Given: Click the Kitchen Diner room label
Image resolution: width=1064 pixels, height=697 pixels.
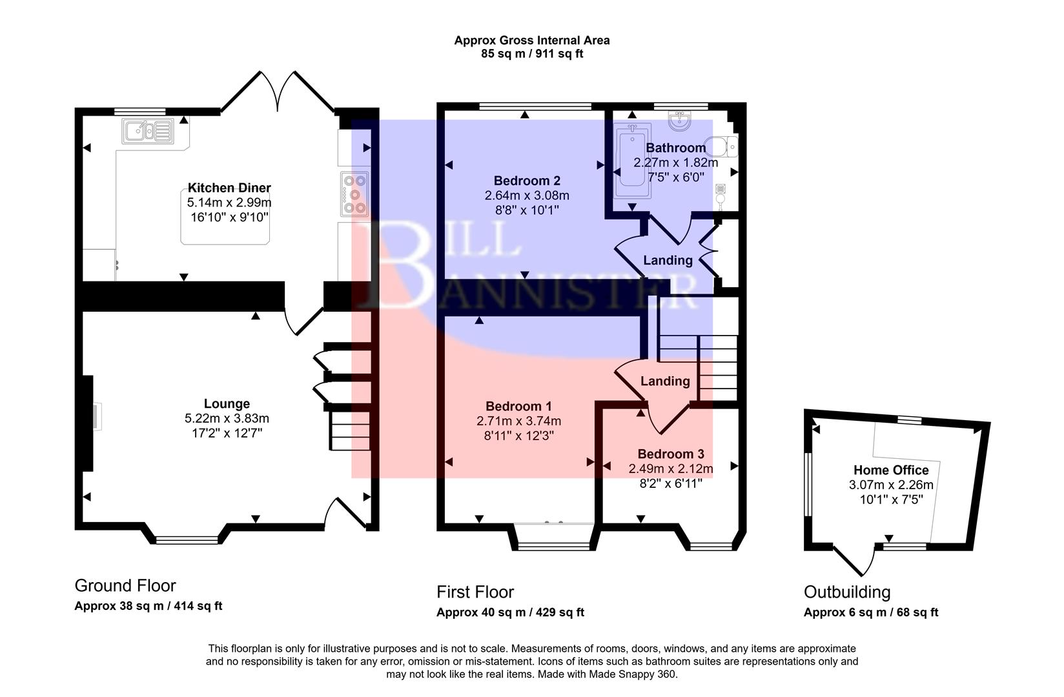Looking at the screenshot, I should [x=229, y=188].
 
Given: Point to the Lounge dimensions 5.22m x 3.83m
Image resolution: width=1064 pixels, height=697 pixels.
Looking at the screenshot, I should [x=227, y=418].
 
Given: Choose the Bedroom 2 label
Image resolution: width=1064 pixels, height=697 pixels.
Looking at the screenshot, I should [x=527, y=181].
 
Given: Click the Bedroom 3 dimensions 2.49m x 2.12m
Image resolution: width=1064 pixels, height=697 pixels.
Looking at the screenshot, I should [x=671, y=469].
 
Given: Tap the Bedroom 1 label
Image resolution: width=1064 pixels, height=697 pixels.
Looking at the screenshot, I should [x=518, y=407].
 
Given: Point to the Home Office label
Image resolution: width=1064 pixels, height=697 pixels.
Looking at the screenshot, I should [x=891, y=470].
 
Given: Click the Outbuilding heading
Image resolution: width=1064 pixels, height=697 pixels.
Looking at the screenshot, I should [x=846, y=592].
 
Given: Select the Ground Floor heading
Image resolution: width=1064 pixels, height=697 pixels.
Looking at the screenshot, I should [x=125, y=586].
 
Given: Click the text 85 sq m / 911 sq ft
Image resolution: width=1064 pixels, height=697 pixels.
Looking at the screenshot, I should [x=531, y=54].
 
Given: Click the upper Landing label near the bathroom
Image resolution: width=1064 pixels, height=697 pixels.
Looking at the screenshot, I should [x=668, y=260].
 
